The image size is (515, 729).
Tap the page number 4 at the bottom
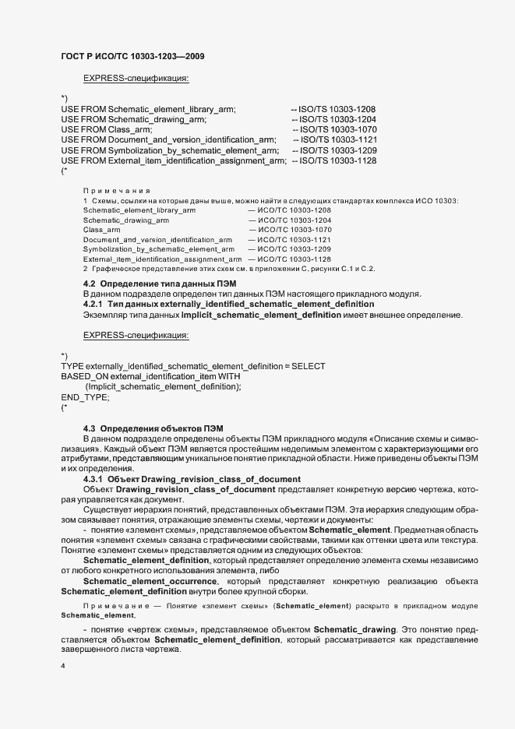point(63,667)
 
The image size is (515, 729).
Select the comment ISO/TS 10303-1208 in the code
point(333,109)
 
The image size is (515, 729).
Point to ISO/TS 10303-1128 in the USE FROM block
point(333,160)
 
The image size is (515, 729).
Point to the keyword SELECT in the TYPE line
point(309,366)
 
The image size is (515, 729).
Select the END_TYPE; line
point(85,396)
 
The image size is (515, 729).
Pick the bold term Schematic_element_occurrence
point(150,582)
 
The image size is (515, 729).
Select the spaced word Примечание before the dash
point(117,605)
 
